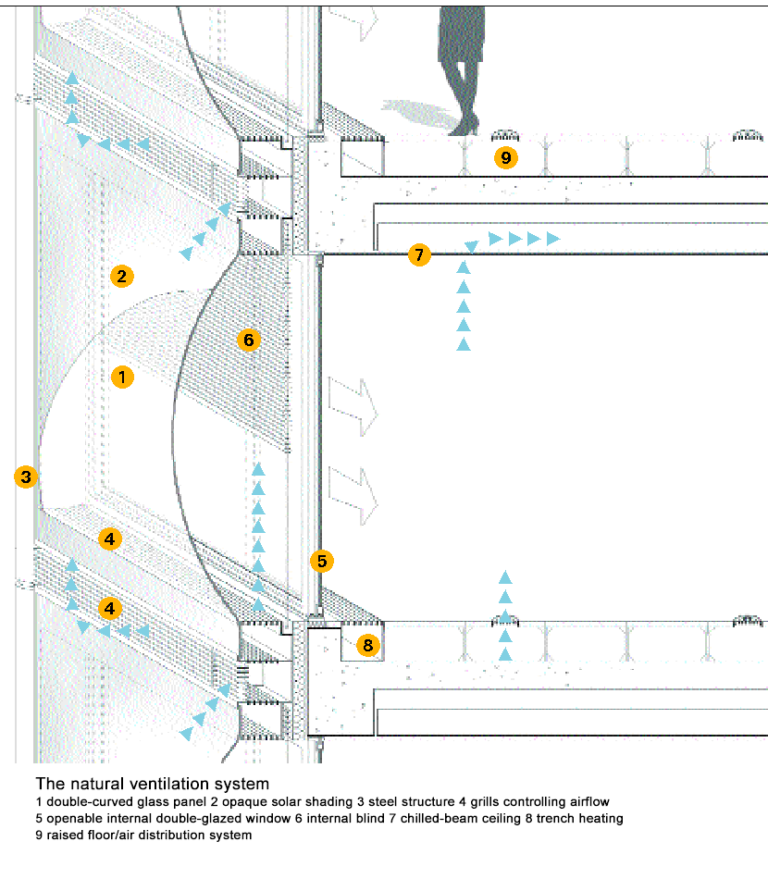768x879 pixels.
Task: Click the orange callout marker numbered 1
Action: (122, 378)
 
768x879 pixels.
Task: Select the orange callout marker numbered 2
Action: (121, 276)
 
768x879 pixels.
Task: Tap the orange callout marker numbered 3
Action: (26, 477)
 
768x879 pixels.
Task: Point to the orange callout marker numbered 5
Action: (322, 561)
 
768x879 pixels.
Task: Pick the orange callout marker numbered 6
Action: (249, 340)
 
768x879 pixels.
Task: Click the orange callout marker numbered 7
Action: (419, 254)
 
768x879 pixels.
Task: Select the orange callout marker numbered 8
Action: (367, 645)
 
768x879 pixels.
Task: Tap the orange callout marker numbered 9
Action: (505, 157)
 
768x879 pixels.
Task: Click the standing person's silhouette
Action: (461, 70)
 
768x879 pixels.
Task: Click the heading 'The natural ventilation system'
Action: (153, 784)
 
